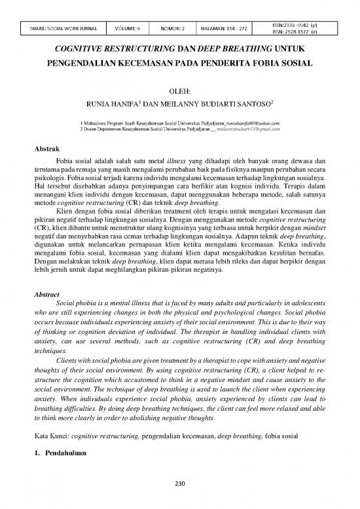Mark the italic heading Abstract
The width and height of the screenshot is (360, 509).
48,295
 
